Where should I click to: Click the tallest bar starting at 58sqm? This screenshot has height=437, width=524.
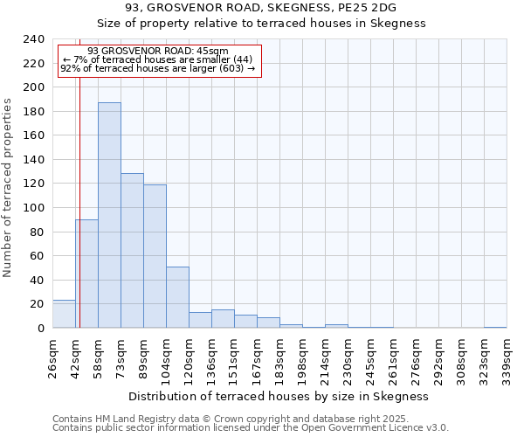click(109, 215)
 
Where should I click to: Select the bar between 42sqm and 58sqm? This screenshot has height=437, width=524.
click(86, 274)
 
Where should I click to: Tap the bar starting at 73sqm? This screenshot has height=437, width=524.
click(132, 251)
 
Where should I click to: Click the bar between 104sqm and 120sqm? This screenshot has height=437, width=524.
click(177, 297)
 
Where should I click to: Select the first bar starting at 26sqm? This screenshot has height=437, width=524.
click(64, 314)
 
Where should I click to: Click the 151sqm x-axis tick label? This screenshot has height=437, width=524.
click(235, 358)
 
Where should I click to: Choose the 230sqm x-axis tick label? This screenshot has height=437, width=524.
click(348, 358)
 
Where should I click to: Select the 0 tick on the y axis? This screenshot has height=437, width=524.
click(40, 329)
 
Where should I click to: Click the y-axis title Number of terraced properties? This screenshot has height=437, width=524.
click(8, 188)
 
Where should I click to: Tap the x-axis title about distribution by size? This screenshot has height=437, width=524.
click(279, 396)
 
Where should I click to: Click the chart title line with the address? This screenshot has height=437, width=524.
click(261, 8)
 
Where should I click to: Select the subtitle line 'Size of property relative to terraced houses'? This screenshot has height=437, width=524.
click(261, 24)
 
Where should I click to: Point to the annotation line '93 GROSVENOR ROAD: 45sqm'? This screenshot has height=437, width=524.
click(158, 52)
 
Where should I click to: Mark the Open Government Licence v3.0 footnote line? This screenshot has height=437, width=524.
click(251, 428)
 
